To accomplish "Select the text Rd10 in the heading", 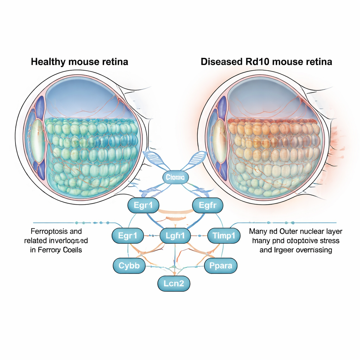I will (x=255, y=62).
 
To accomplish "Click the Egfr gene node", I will (x=207, y=205).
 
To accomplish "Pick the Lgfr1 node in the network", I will (x=175, y=236).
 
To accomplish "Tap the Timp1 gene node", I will (x=224, y=236).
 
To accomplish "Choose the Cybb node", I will (x=129, y=266).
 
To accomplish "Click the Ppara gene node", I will (x=220, y=266).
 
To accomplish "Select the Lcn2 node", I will (x=174, y=283).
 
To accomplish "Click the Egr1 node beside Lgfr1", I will (x=128, y=236).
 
